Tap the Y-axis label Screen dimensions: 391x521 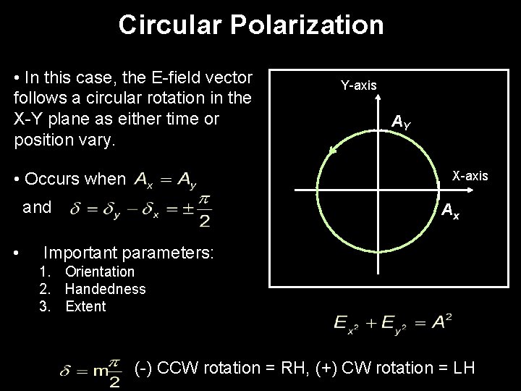(x=359, y=85)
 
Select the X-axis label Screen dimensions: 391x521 (x=470, y=176)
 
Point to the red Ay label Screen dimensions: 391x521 (x=402, y=122)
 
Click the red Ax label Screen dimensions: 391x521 (x=449, y=211)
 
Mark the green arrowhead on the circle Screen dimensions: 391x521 (x=333, y=150)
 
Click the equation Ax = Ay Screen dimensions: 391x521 (x=165, y=179)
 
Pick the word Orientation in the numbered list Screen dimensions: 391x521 (x=100, y=272)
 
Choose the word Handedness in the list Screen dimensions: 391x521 (x=106, y=289)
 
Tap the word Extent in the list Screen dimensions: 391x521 (x=85, y=306)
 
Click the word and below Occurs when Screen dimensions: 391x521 (x=38, y=208)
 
